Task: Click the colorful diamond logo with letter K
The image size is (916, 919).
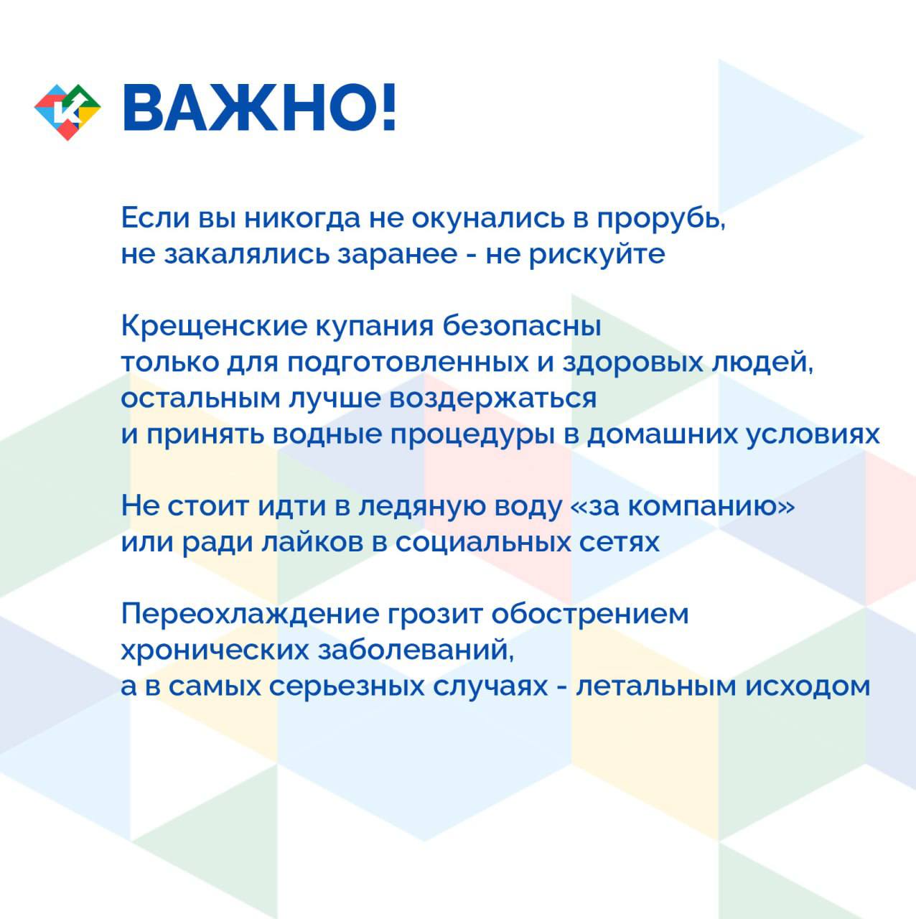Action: click(67, 112)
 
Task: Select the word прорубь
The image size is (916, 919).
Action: click(661, 220)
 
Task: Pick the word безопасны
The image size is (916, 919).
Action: click(521, 327)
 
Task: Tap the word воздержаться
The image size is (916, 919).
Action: click(493, 400)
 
